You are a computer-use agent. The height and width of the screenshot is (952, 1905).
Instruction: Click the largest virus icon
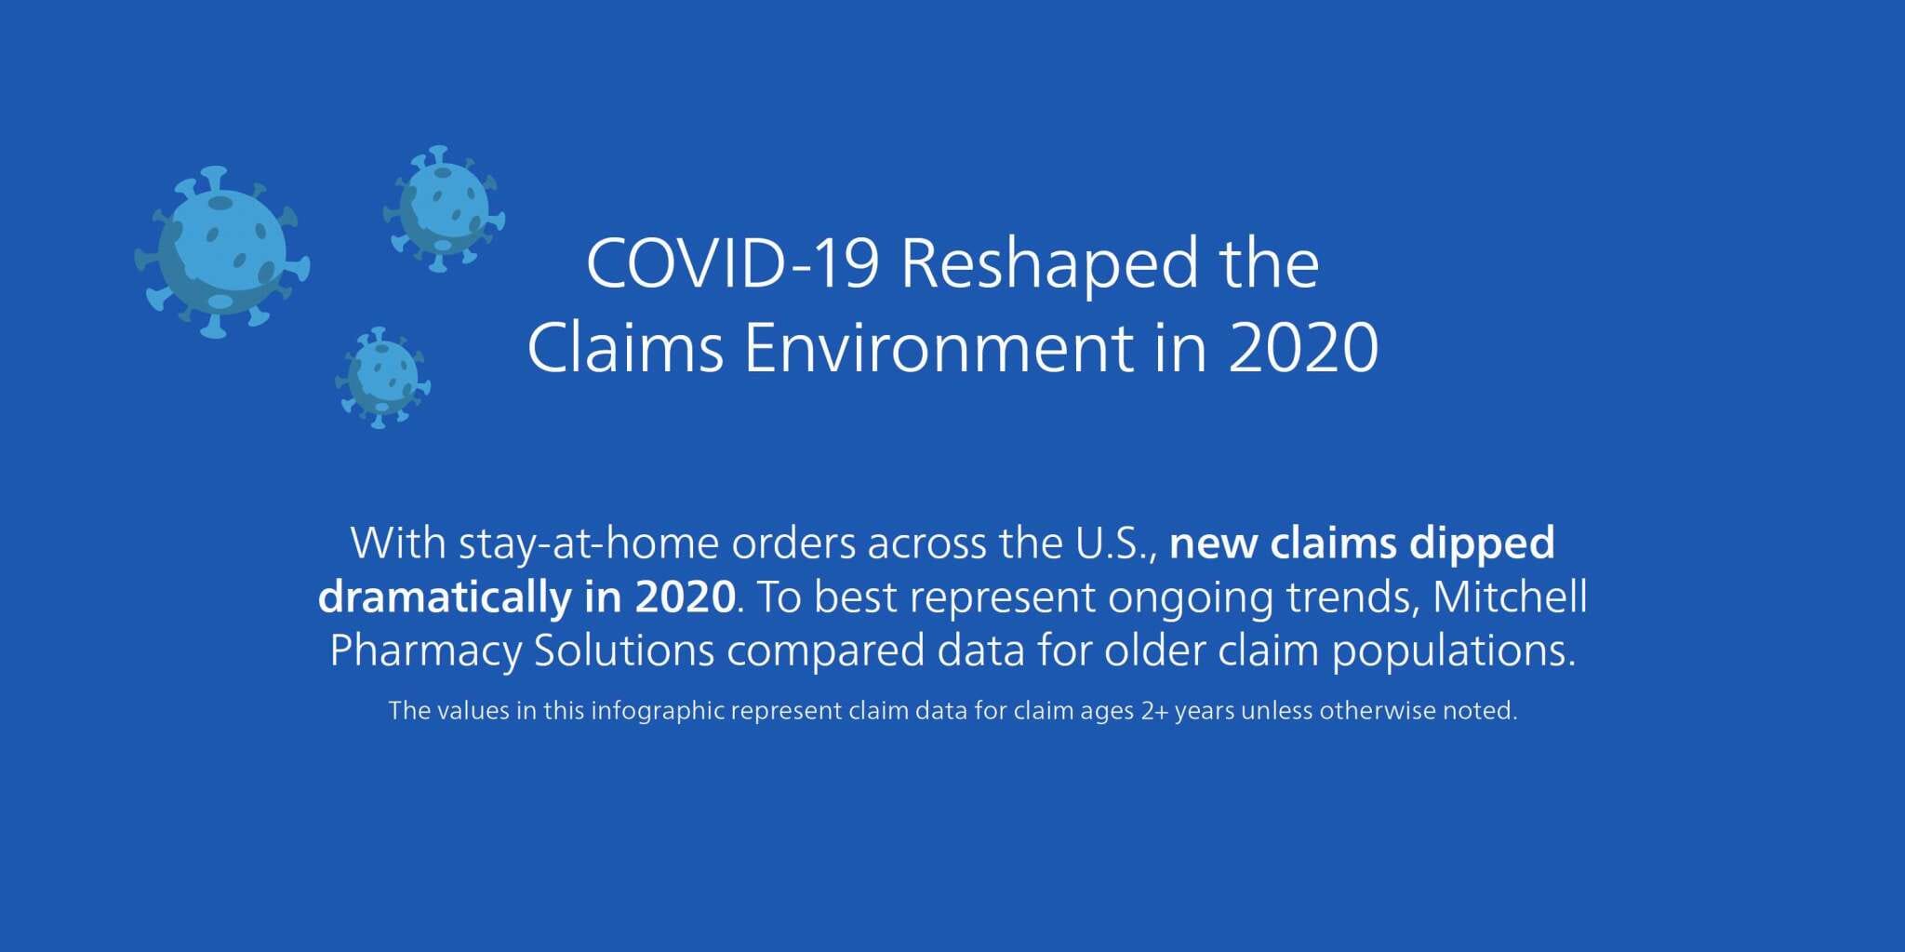(x=221, y=252)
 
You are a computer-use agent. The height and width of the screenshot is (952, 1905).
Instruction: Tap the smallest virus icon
(x=382, y=377)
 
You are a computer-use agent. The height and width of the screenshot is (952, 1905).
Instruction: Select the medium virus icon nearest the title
(x=444, y=208)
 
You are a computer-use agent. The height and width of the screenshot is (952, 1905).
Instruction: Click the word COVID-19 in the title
(x=733, y=263)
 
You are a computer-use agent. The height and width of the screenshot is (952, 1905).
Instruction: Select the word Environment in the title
(x=939, y=347)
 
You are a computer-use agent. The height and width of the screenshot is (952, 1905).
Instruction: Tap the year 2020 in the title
(x=1303, y=348)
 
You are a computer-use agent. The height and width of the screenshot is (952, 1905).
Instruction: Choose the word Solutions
(x=624, y=650)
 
